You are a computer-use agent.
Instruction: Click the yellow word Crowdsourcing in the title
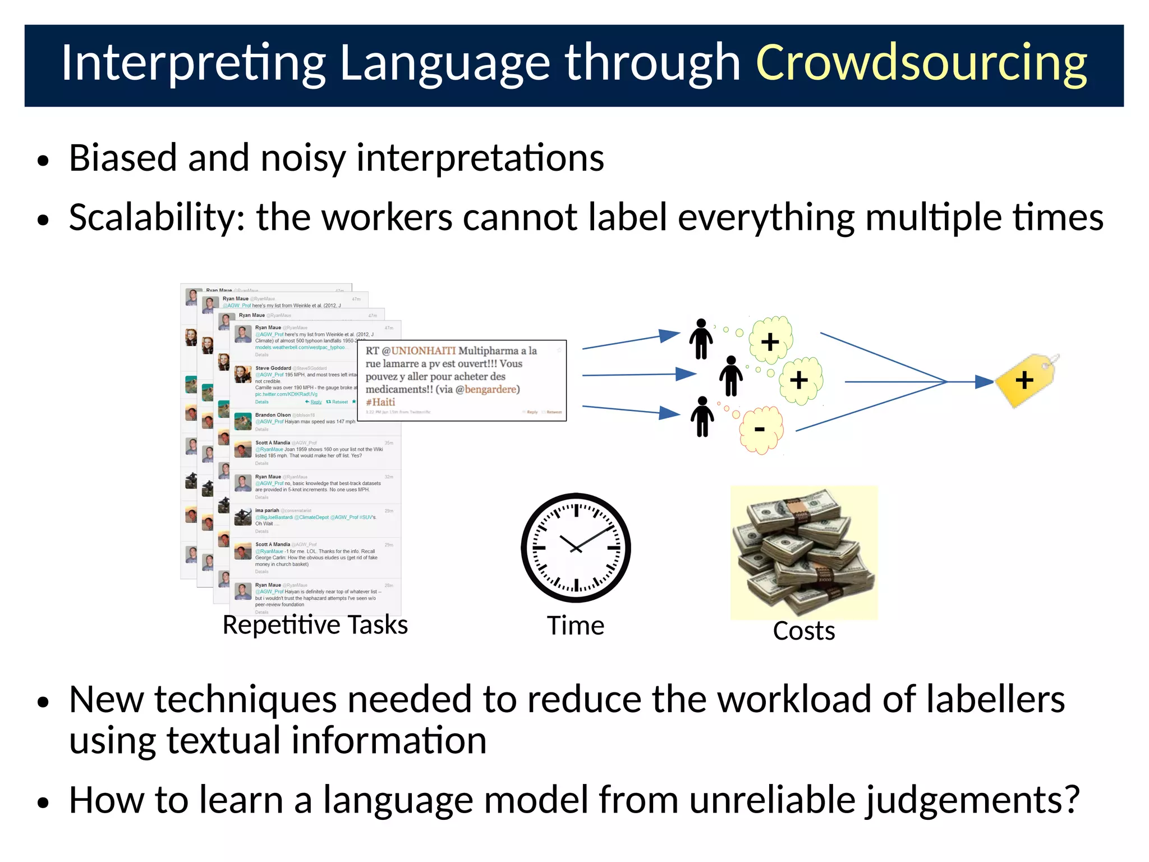(x=921, y=63)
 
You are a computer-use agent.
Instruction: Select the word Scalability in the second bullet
(x=157, y=217)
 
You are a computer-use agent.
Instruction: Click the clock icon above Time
(x=576, y=548)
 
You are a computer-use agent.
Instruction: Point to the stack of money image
(x=804, y=553)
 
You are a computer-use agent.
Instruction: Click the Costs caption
(x=804, y=631)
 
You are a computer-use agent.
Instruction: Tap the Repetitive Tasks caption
(x=315, y=625)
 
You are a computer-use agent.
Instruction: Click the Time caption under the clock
(x=576, y=626)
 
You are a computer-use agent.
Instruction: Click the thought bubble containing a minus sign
(x=761, y=430)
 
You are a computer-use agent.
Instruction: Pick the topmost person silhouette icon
(x=701, y=339)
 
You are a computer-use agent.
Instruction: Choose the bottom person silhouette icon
(x=702, y=417)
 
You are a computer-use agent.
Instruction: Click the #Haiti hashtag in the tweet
(x=380, y=402)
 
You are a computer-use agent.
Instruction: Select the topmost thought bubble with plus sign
(x=771, y=340)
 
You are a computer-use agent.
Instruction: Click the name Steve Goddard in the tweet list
(x=273, y=368)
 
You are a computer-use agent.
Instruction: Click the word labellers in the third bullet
(x=995, y=700)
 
